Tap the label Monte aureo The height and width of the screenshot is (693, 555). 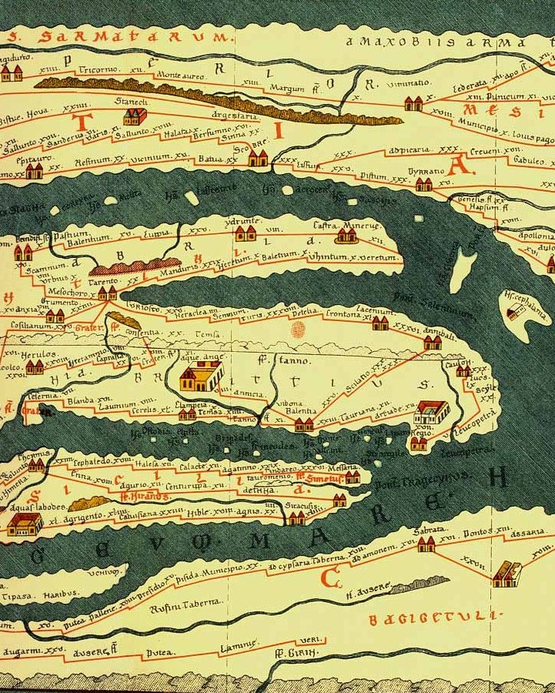[180, 75]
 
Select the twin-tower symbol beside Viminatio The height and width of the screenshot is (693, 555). [413, 103]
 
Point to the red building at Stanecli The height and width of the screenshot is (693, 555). [135, 116]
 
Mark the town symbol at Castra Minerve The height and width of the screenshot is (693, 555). [346, 235]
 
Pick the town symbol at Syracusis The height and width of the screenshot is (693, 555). [296, 517]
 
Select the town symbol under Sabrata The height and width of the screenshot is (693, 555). [426, 544]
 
